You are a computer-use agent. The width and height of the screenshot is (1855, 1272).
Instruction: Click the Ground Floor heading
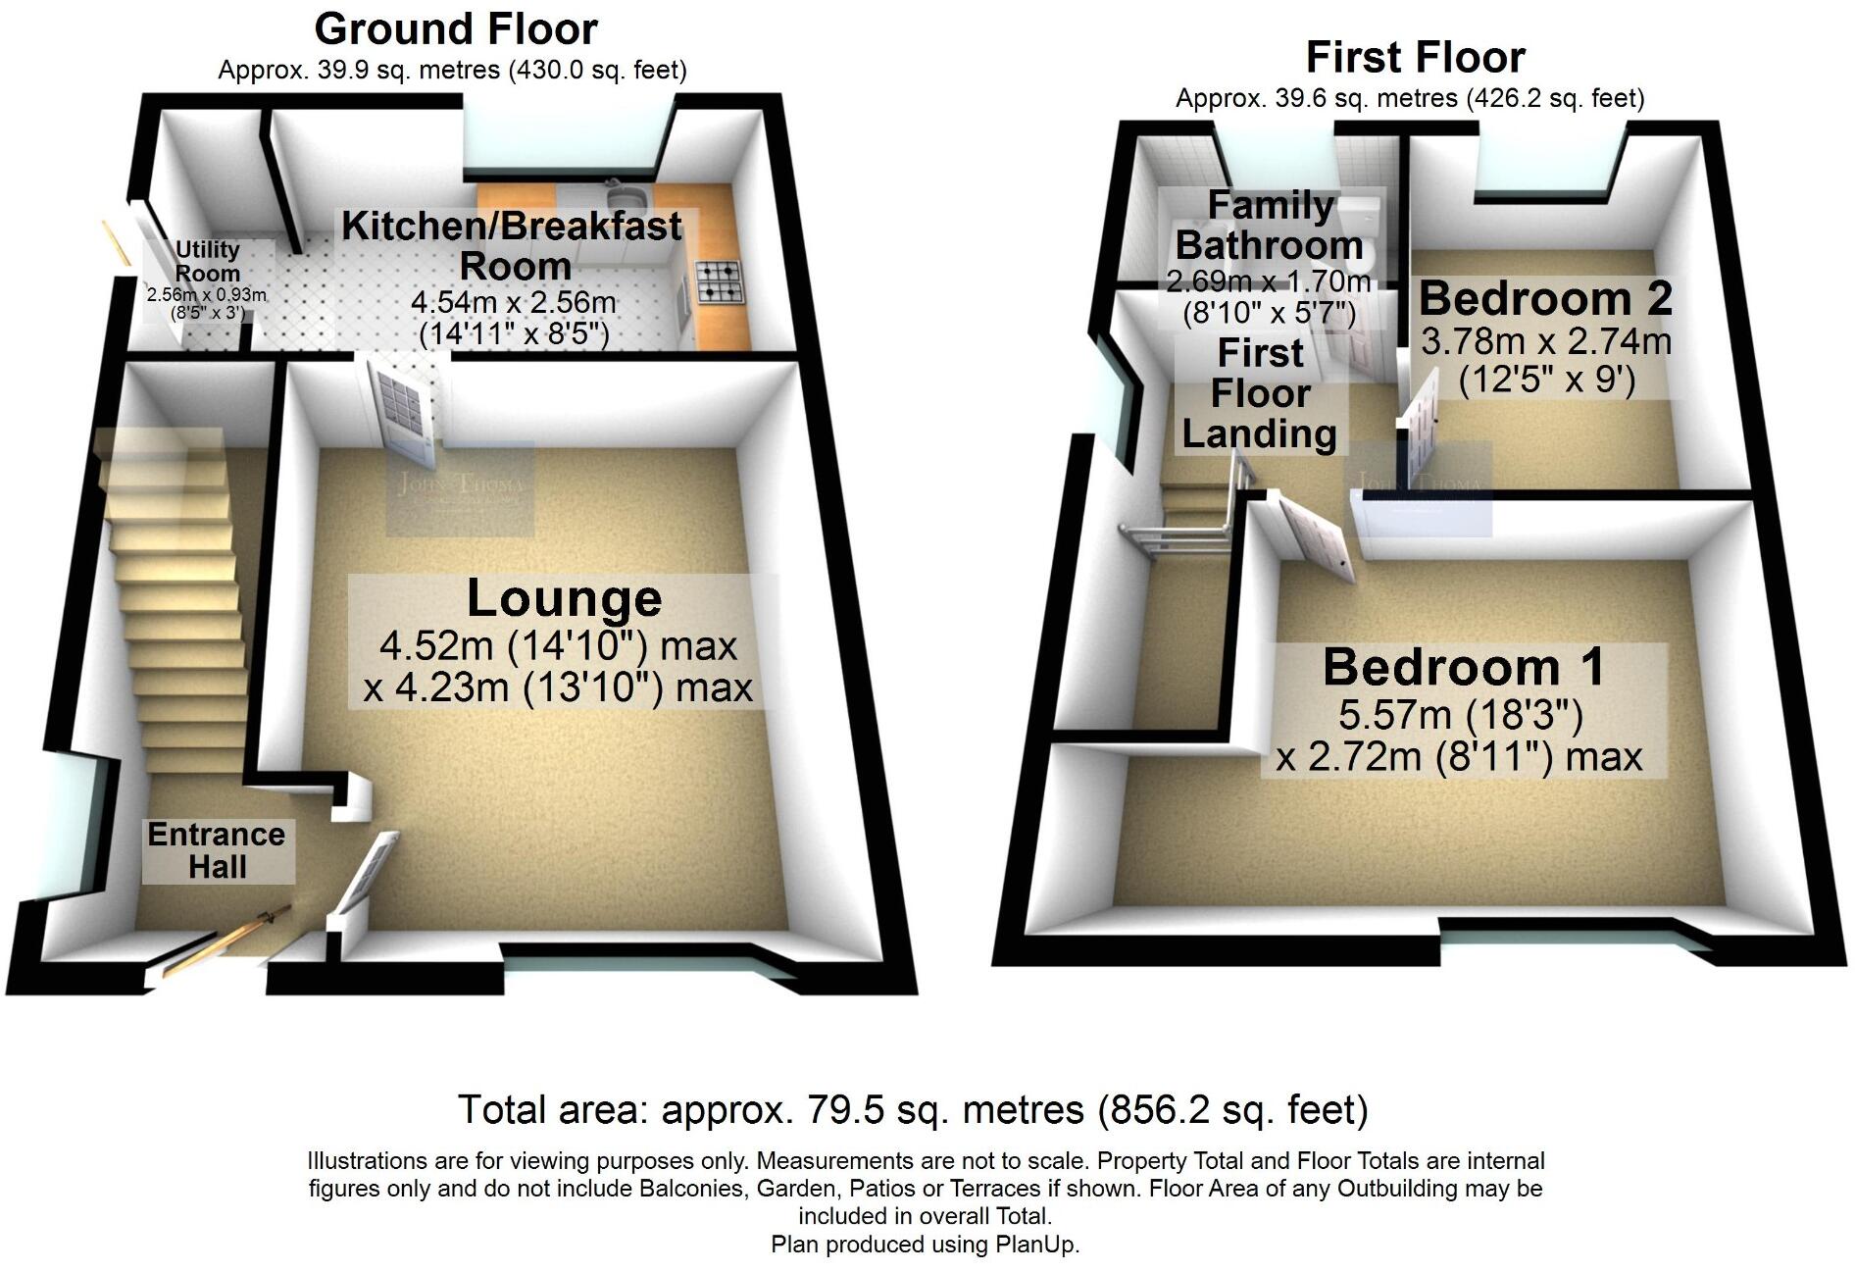(456, 29)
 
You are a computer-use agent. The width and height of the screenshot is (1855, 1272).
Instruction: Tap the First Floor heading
(1415, 58)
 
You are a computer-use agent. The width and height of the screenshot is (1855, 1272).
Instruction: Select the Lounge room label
(564, 598)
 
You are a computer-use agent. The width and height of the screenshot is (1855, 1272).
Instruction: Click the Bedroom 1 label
(1464, 668)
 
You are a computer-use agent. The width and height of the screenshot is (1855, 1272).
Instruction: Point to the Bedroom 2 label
(1545, 298)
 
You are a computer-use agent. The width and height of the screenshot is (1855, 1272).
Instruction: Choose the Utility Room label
(207, 261)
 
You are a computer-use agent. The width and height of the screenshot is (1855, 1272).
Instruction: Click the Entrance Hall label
(217, 850)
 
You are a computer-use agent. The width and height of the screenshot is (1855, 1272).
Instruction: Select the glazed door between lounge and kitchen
(403, 409)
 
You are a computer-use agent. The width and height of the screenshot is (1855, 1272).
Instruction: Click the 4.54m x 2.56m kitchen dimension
(513, 302)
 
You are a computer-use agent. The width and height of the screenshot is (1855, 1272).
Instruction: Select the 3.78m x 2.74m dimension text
(1546, 342)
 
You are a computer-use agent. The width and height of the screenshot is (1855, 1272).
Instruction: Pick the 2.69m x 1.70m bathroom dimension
(1268, 282)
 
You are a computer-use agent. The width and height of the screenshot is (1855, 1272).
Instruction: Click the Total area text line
(913, 1110)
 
